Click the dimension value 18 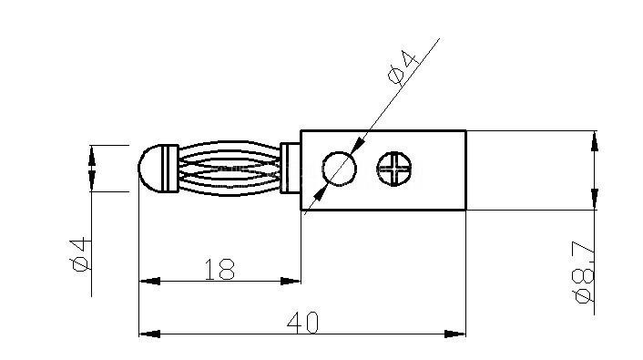[x=219, y=269]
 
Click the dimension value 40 [x=302, y=323]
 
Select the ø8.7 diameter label [x=584, y=273]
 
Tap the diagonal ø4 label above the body [x=403, y=67]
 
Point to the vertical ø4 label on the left [x=81, y=254]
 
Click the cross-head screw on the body [x=394, y=169]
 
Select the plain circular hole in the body [x=339, y=169]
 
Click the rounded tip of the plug [x=150, y=169]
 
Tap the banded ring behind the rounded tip [x=170, y=169]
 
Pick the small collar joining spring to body [x=291, y=168]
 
